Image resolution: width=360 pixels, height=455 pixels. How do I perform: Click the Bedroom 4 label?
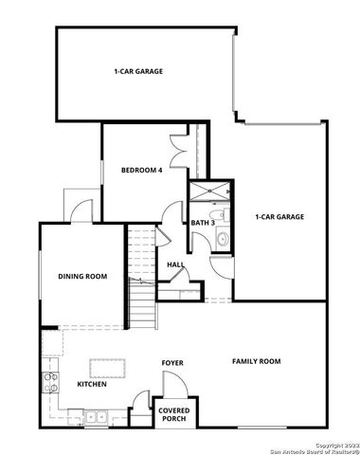(142, 171)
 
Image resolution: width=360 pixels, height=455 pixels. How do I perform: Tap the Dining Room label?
(82, 277)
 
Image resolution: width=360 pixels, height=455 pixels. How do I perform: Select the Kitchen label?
(92, 384)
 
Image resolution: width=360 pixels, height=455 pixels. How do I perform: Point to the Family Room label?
(257, 361)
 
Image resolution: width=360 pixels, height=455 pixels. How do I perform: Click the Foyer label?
(171, 363)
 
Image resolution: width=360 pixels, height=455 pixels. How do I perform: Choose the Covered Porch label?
(173, 413)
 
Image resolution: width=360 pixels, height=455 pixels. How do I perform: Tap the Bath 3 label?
(203, 224)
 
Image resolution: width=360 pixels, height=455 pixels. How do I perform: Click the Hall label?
(175, 264)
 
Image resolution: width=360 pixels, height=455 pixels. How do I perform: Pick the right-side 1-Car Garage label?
(279, 217)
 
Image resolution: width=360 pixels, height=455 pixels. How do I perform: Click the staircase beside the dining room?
(141, 275)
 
